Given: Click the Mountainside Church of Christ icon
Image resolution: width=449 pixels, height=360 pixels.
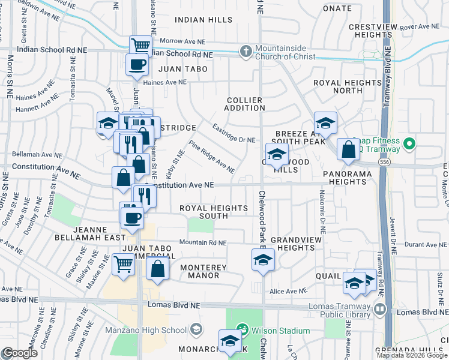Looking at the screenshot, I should tap(245, 52).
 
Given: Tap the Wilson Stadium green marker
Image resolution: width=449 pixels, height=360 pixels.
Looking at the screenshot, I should tap(242, 330).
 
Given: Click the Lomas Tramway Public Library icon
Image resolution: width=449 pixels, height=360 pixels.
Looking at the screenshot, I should tap(379, 310).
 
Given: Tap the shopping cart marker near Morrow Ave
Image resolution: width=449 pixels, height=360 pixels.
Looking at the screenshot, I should tap(140, 46).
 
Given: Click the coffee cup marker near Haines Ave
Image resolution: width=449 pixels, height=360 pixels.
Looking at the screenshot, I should tap(136, 64).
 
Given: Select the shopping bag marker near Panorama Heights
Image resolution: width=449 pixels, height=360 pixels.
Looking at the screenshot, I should tap(348, 150).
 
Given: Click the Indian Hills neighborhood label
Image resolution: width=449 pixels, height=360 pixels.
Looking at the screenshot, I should tap(203, 20).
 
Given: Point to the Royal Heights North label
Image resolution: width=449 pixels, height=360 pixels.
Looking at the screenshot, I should tap(339, 86).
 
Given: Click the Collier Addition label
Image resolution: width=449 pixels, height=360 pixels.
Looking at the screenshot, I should tap(245, 104).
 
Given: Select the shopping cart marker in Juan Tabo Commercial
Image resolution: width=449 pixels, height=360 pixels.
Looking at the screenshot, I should tap(122, 264).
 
